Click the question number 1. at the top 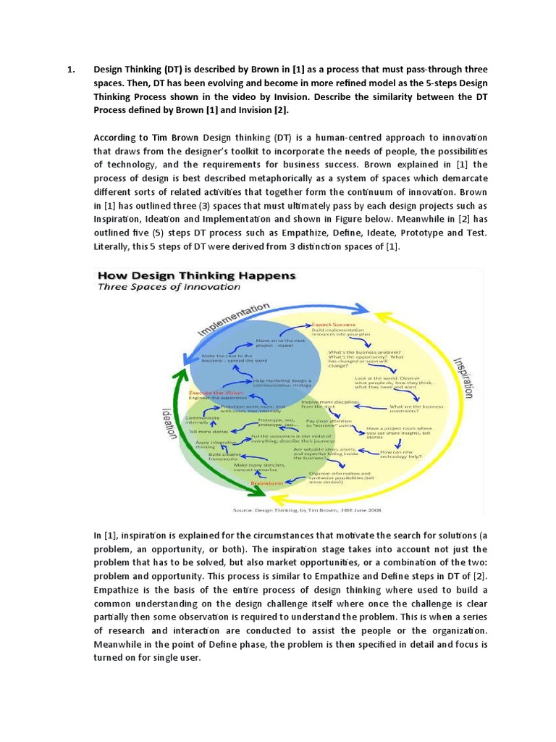(x=71, y=70)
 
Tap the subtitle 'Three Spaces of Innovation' (x=168, y=287)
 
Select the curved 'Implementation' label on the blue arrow (x=235, y=320)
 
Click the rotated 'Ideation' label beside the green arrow (x=169, y=421)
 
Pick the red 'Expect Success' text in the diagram (x=332, y=325)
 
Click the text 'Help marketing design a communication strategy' (x=283, y=382)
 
